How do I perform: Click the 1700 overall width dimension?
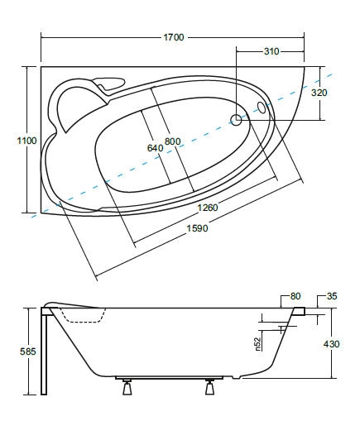pos(174,37)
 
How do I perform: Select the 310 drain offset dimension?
pos(271,51)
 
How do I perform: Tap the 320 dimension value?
pos(319,93)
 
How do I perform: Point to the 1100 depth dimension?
pos(27,141)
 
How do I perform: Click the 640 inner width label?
pos(155,147)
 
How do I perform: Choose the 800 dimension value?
pos(172,141)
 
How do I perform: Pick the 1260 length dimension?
pos(208,208)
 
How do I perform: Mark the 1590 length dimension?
pos(198,228)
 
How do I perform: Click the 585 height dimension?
pos(28,352)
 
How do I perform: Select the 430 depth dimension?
pos(331,344)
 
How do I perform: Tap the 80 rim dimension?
pos(295,296)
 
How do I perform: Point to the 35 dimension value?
pos(332,296)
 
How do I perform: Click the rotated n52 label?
pos(258,344)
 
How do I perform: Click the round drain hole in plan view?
pos(236,120)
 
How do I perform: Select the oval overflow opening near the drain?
pos(262,108)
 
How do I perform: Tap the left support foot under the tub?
pos(127,387)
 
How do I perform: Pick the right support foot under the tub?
pos(209,387)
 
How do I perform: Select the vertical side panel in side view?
pos(44,352)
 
